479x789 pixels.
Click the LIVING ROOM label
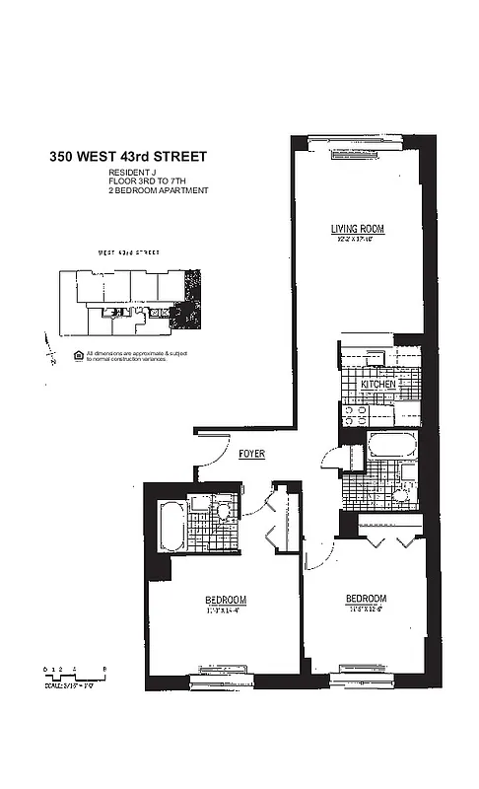(357, 229)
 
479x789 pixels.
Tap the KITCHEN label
(378, 384)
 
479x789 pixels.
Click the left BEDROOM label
(226, 600)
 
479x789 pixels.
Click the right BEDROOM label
(365, 599)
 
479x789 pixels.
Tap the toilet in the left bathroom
(225, 511)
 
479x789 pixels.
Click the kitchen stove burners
(353, 415)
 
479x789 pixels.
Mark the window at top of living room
(356, 139)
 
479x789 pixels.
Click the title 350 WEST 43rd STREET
(128, 156)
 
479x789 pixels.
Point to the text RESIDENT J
(132, 173)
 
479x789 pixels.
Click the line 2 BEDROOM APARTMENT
(158, 189)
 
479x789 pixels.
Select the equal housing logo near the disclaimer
(78, 353)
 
